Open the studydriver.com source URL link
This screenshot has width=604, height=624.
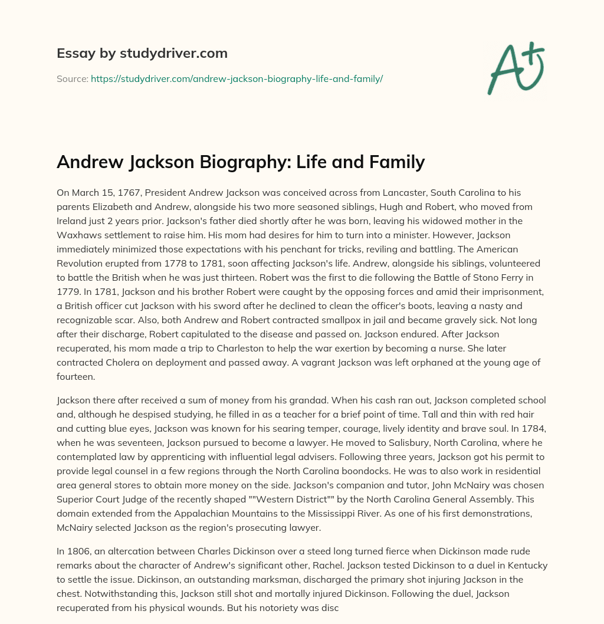237,78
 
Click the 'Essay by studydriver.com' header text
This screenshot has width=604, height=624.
142,54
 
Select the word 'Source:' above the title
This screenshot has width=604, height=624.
72,78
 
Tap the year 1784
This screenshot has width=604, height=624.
526,429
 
